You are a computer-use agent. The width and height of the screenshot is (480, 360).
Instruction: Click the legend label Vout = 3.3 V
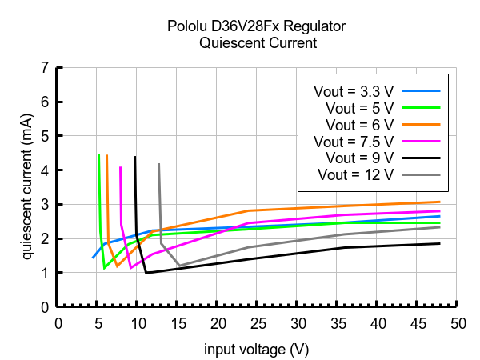point(350,90)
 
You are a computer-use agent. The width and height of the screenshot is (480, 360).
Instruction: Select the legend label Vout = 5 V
point(358,107)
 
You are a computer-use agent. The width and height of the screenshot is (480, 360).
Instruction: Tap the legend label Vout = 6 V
point(358,124)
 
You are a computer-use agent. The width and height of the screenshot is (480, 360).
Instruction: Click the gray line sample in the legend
point(421,174)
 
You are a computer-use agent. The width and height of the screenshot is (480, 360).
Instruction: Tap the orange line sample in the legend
point(421,124)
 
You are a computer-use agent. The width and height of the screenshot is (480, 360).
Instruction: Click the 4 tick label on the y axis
point(46,170)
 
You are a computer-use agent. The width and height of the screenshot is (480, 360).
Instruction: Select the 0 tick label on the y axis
point(46,307)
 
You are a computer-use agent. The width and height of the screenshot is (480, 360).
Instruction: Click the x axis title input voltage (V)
point(256,350)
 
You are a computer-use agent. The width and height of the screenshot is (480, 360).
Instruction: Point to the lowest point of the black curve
point(146,273)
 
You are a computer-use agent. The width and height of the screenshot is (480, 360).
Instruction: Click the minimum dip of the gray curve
point(179,266)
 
